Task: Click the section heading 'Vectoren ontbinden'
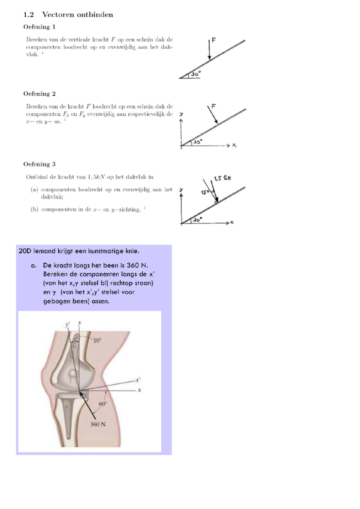pos(77,15)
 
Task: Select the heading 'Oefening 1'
pos(39,27)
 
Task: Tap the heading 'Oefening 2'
pos(39,94)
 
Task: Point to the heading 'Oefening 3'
pos(39,164)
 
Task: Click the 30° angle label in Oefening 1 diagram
pos(196,74)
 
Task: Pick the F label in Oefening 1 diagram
pos(214,40)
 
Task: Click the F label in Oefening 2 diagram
pos(214,106)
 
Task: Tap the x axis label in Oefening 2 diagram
pos(234,145)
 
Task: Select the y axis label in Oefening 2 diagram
pos(181,114)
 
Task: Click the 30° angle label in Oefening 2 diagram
pos(198,142)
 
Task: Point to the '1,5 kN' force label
pos(222,178)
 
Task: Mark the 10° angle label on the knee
pos(97,340)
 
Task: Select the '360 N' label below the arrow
pos(98,424)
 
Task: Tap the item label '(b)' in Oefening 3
pos(34,209)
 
